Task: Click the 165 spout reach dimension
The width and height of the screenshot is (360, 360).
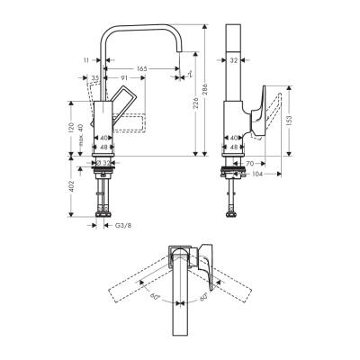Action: (x=142, y=67)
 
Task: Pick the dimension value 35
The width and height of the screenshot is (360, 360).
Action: (x=94, y=79)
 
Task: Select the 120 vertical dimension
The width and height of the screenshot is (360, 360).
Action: (x=68, y=128)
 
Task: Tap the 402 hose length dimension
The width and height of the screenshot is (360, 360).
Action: (x=68, y=186)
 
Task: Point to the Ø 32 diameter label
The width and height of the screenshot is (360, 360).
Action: (x=106, y=163)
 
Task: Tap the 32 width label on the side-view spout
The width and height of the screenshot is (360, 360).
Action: (x=232, y=61)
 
